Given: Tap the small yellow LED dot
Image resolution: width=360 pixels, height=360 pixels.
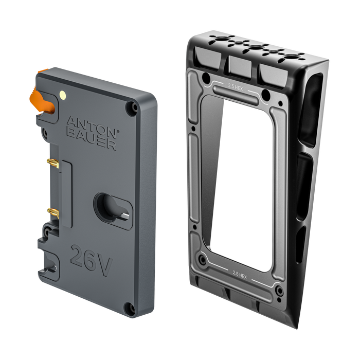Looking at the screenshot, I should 63,94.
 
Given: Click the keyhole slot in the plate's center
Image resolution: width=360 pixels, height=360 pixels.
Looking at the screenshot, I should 109,206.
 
